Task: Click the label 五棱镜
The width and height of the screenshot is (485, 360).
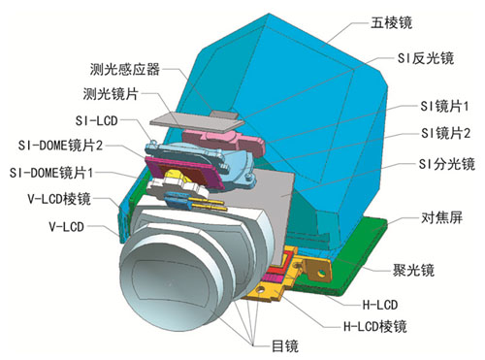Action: click(x=391, y=23)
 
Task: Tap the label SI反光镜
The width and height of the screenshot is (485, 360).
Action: click(x=426, y=58)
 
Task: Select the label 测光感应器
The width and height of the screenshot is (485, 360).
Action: click(x=125, y=69)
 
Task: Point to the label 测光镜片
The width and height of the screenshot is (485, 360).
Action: click(x=111, y=94)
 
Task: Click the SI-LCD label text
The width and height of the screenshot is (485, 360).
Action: click(x=96, y=120)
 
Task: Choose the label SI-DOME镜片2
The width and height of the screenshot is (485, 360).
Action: click(x=60, y=146)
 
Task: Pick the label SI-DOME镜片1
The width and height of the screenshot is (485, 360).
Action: click(x=51, y=173)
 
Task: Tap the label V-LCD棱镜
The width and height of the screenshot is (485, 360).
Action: click(x=59, y=199)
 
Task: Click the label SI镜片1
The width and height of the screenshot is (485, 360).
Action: click(x=444, y=106)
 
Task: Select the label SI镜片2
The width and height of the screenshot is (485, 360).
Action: click(x=445, y=133)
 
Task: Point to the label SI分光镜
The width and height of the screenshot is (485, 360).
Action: click(x=447, y=164)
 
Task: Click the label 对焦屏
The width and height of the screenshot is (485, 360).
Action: click(x=441, y=217)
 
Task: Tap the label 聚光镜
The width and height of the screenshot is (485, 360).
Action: click(x=413, y=270)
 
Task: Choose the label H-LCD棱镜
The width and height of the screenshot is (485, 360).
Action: click(x=375, y=326)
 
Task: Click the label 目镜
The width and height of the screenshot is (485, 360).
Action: click(x=285, y=346)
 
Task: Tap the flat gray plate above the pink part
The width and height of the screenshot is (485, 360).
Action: click(x=196, y=121)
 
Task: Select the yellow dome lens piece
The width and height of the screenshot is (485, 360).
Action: click(x=177, y=178)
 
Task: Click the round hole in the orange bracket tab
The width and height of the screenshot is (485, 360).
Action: click(x=321, y=274)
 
